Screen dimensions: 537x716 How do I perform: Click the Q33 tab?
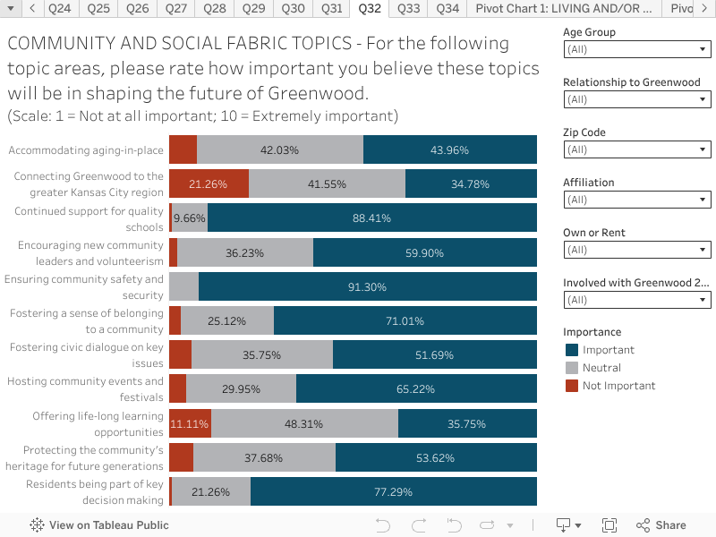coord(408,9)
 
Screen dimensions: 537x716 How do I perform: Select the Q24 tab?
coord(61,9)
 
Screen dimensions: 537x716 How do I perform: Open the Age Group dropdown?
coord(637,50)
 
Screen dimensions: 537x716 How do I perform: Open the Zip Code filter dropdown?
coord(637,150)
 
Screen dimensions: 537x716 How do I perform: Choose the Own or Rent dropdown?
coord(637,251)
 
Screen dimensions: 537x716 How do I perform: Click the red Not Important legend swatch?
coord(572,386)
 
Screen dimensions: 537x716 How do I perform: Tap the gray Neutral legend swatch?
coord(572,368)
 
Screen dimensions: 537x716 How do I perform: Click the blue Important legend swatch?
coord(572,350)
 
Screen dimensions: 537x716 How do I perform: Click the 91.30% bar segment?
coord(367,286)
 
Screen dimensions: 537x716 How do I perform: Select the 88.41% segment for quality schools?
coord(371,217)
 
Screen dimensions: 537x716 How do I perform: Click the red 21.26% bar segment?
coord(209,183)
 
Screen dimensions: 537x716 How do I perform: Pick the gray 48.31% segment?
coord(304,423)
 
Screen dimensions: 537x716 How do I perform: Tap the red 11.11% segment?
coord(189,423)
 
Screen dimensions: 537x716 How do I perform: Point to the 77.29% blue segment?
coord(393,491)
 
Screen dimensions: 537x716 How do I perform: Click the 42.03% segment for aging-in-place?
coord(279,149)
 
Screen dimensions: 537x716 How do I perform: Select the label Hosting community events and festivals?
coord(85,388)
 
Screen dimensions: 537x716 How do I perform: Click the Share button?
coord(661,525)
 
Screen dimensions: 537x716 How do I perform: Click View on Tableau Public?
coord(99,525)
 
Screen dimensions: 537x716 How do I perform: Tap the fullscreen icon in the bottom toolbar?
coord(609,525)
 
